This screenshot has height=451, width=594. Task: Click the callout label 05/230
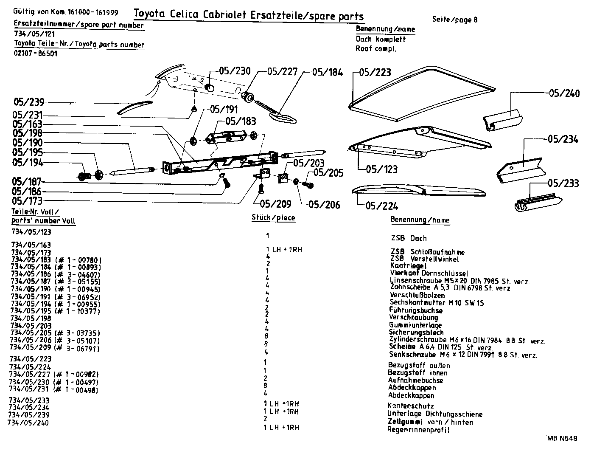[235, 71]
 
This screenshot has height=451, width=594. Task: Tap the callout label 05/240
[564, 93]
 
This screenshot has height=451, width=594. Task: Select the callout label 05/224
[382, 206]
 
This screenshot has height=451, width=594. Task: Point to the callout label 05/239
[29, 102]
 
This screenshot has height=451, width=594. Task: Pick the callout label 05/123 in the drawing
[382, 169]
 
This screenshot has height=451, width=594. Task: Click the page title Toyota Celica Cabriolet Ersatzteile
[249, 15]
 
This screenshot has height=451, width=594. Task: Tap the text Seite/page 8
[455, 19]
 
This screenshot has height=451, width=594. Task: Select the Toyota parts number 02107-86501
[36, 54]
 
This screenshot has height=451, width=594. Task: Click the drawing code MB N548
[563, 439]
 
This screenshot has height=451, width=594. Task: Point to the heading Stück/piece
[273, 218]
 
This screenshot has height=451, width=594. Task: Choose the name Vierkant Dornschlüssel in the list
[429, 273]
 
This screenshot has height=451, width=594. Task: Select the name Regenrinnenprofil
[418, 430]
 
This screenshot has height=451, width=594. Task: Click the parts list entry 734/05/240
[28, 423]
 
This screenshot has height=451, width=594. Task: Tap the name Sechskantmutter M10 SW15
[436, 303]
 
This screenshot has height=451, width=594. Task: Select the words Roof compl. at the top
[376, 48]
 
